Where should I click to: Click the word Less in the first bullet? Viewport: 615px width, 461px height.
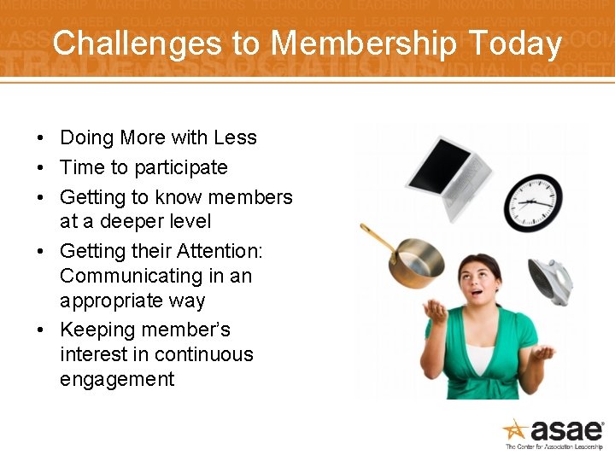[235, 138]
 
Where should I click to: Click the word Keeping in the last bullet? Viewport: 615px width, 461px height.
[95, 330]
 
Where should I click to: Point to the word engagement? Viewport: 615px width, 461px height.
[117, 380]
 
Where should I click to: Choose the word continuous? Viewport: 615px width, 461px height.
[198, 354]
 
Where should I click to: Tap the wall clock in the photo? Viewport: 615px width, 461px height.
[534, 201]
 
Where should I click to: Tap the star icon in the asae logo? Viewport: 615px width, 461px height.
[515, 429]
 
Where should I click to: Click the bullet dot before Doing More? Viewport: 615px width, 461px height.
[41, 138]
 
